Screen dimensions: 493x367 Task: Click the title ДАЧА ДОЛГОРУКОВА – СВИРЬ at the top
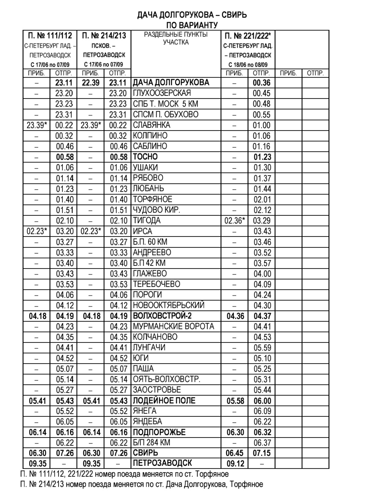click(192, 15)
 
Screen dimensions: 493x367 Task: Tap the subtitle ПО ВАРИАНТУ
click(192, 25)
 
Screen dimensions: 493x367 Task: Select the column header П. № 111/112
click(50, 36)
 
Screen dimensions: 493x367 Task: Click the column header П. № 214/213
click(104, 36)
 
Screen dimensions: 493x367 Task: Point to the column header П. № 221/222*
click(248, 36)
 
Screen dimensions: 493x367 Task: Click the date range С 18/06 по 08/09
click(248, 65)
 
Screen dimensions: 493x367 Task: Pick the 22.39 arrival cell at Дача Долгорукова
click(91, 83)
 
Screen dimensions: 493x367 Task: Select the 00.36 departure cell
click(262, 83)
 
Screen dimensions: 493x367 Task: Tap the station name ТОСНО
click(145, 157)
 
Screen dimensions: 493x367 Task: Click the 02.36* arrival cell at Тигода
click(235, 220)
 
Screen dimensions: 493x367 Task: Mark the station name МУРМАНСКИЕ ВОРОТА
click(173, 326)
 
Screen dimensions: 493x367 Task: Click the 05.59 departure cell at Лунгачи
click(262, 348)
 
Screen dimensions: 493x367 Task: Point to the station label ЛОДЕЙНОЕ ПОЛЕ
click(164, 400)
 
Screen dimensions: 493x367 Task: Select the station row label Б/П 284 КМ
click(151, 443)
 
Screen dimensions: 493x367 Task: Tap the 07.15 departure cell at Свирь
click(262, 453)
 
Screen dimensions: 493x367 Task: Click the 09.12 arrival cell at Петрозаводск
click(235, 464)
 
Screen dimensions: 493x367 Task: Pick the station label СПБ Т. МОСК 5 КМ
click(165, 104)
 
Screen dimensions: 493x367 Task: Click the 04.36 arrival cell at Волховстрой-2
click(235, 316)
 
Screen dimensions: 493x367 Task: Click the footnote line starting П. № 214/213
click(141, 484)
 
